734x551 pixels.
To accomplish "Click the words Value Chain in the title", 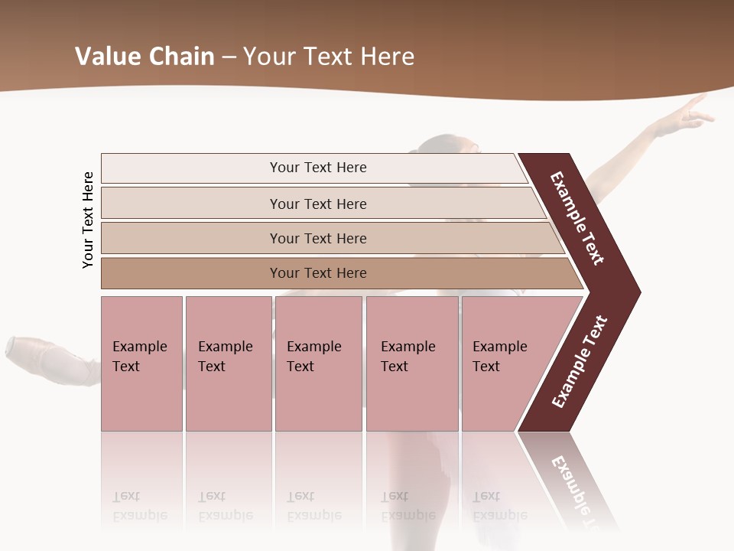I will tap(145, 57).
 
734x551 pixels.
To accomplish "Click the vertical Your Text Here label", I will tap(88, 220).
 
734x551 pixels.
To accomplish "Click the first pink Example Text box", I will tap(141, 364).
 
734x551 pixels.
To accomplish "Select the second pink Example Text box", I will tap(228, 364).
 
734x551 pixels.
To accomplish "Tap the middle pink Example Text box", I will tap(318, 364).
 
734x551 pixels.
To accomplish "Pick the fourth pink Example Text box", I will tap(411, 364).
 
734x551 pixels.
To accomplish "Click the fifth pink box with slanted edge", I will tap(505, 364).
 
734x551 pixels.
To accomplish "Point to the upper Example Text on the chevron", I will tap(577, 218).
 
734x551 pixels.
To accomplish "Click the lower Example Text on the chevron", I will tap(580, 362).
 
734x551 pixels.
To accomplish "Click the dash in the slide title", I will tap(229, 57).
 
